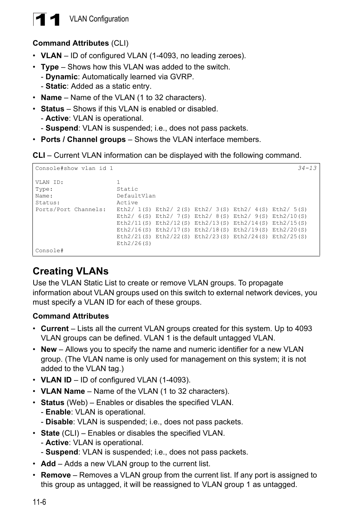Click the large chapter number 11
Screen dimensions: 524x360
coord(47,20)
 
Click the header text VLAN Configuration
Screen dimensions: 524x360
coord(99,19)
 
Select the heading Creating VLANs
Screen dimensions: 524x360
coord(71,271)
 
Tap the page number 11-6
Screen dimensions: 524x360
coord(39,502)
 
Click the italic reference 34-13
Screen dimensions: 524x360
coord(307,168)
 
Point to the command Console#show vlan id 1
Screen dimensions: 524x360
coord(74,168)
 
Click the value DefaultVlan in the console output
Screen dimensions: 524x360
coord(136,196)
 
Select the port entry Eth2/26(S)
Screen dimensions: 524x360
coord(134,244)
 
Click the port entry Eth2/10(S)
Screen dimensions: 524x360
coord(289,216)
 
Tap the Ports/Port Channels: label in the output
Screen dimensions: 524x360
coord(71,210)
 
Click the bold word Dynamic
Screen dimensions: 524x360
coord(61,77)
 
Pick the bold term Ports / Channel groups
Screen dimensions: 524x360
coord(83,139)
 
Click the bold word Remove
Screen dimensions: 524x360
coord(56,475)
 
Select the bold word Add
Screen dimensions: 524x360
coord(48,464)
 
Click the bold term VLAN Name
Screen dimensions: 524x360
coord(63,391)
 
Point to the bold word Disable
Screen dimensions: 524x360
coord(59,422)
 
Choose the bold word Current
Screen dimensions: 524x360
coord(55,328)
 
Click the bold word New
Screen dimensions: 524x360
coord(49,349)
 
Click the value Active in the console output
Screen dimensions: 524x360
coord(127,203)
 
